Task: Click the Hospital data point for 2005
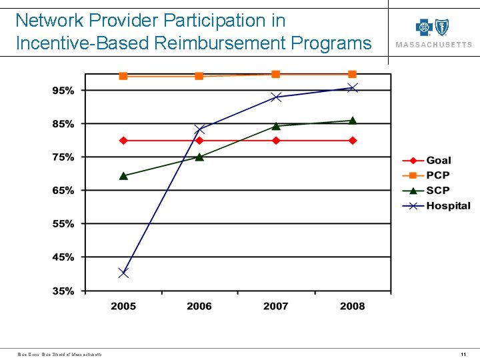[123, 273]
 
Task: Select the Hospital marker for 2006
[199, 129]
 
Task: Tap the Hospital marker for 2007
[276, 97]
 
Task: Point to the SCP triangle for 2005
[123, 176]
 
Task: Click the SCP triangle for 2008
[353, 121]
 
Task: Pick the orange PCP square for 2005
[123, 76]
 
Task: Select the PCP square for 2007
[276, 74]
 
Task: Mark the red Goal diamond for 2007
[276, 141]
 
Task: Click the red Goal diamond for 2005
[123, 141]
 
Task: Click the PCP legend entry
[437, 175]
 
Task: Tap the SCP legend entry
[437, 191]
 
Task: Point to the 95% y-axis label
[63, 91]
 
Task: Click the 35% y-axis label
[63, 291]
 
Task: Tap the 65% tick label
[63, 191]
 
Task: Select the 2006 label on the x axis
[199, 306]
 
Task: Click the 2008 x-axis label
[353, 306]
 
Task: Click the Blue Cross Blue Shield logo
[433, 28]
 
